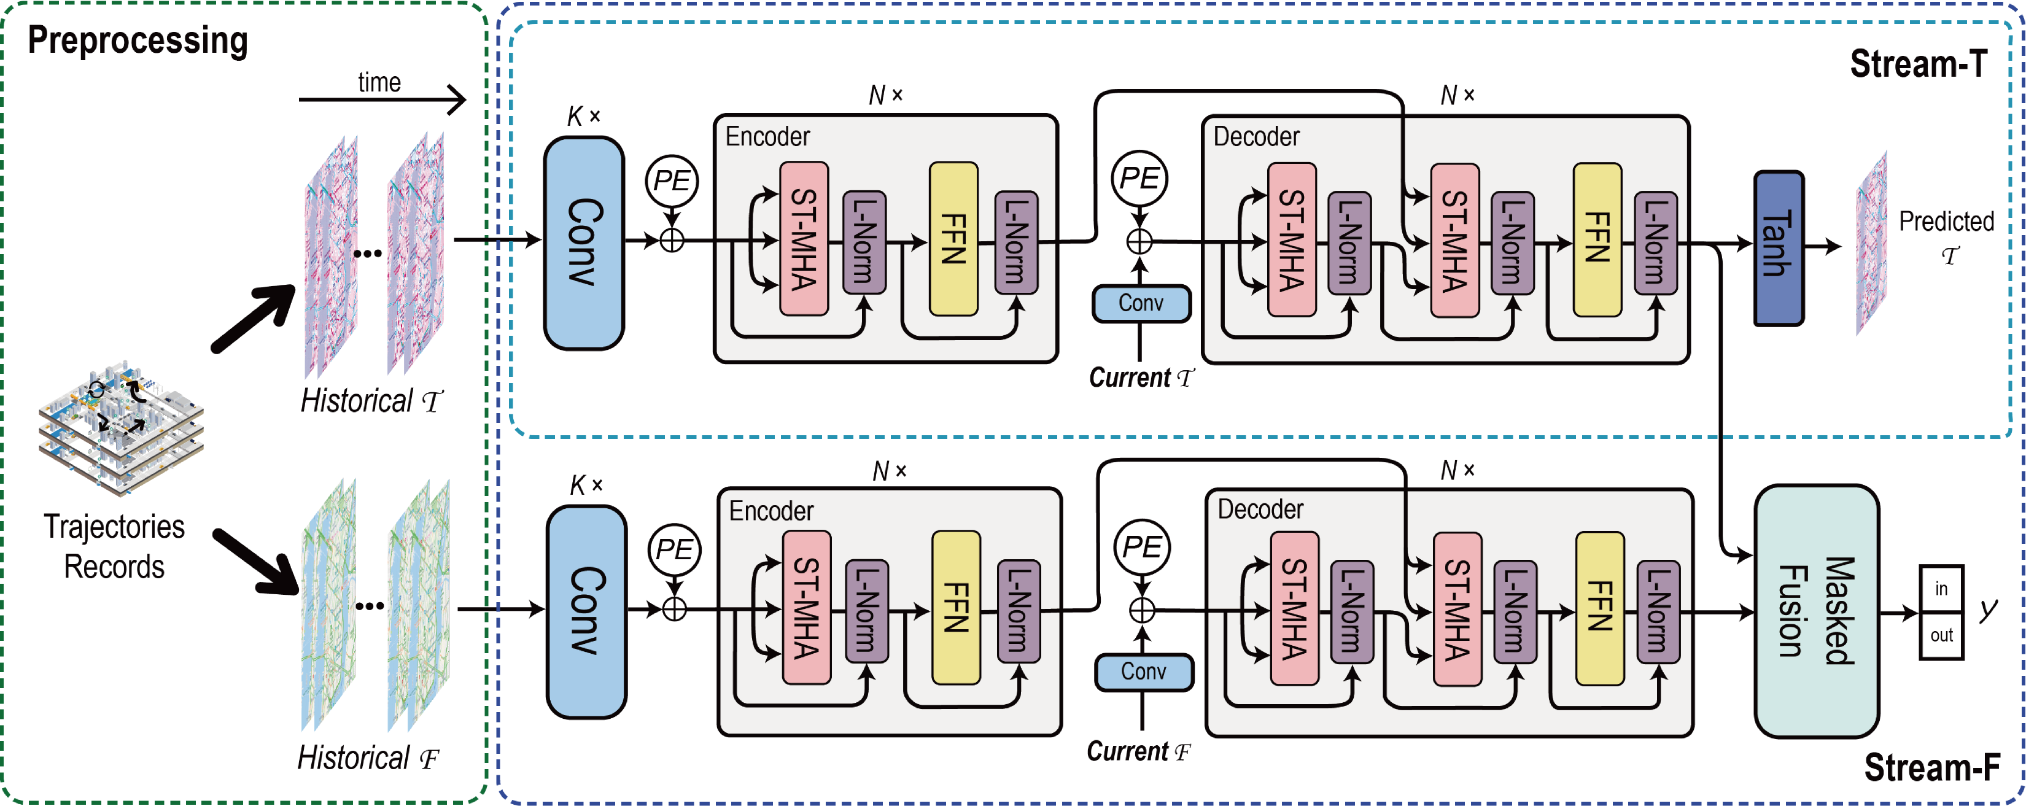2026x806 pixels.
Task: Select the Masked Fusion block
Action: (x=1816, y=611)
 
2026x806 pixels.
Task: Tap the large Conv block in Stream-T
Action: (x=584, y=242)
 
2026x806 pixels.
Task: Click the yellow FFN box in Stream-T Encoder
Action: (x=953, y=239)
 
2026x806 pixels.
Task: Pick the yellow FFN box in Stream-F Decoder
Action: (x=1600, y=608)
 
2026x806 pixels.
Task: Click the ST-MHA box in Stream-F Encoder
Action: (x=806, y=608)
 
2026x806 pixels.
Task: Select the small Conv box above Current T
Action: (x=1141, y=303)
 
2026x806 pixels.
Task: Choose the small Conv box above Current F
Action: (x=1144, y=672)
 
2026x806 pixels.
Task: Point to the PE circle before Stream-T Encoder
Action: (x=672, y=181)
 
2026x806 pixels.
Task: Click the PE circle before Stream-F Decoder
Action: (x=1142, y=548)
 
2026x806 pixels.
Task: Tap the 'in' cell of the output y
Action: (x=1941, y=589)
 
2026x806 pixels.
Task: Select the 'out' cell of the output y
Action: (x=1941, y=635)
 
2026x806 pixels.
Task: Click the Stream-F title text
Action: (x=1931, y=767)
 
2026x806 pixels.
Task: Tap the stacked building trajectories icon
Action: (x=121, y=428)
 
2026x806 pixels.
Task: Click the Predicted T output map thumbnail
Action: (x=1872, y=244)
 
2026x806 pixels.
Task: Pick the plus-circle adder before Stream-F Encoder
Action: (x=674, y=610)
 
